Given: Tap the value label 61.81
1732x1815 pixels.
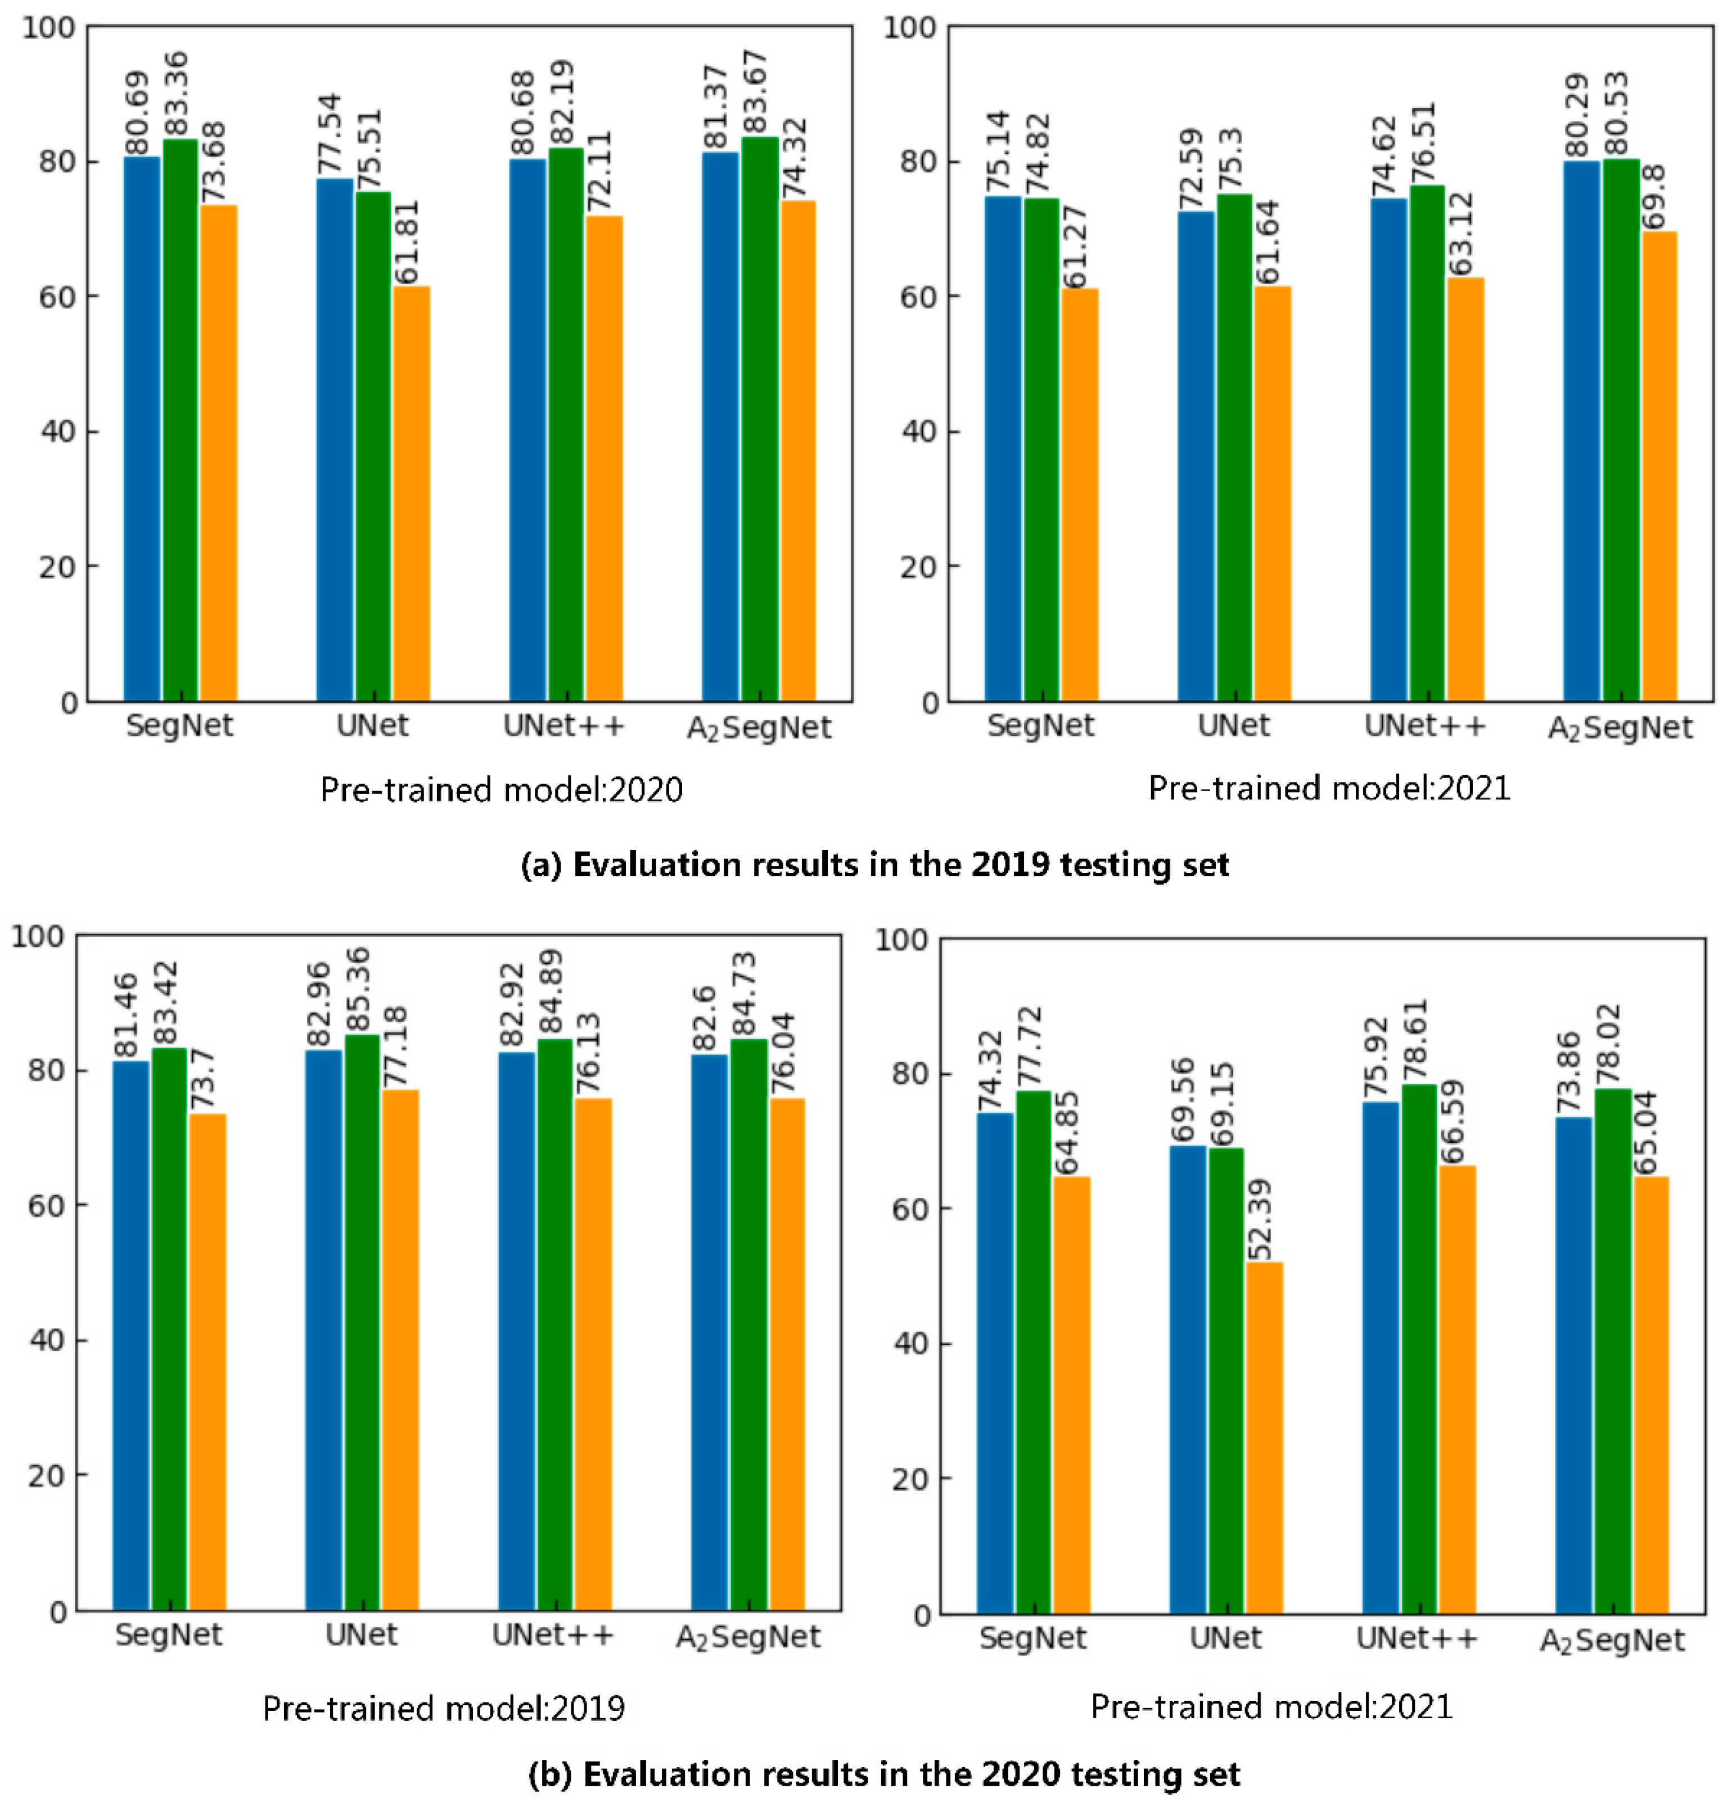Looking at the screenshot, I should tap(407, 242).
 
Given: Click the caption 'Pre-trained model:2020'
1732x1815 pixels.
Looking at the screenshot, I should tap(501, 790).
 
